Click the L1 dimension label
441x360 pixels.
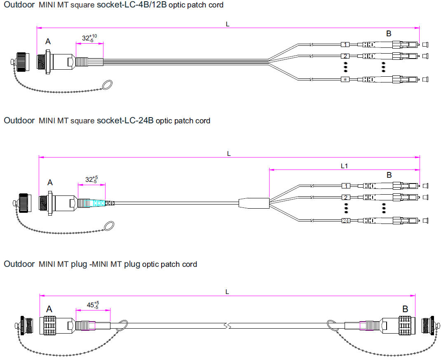[345, 166]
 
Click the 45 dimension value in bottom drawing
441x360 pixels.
[90, 306]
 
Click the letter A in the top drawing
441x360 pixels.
[48, 41]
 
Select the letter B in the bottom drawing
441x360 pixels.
[405, 309]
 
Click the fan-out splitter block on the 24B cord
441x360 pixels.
[254, 202]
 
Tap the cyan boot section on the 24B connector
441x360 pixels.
[99, 203]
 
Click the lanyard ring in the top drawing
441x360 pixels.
[106, 85]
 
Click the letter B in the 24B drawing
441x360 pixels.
[389, 175]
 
